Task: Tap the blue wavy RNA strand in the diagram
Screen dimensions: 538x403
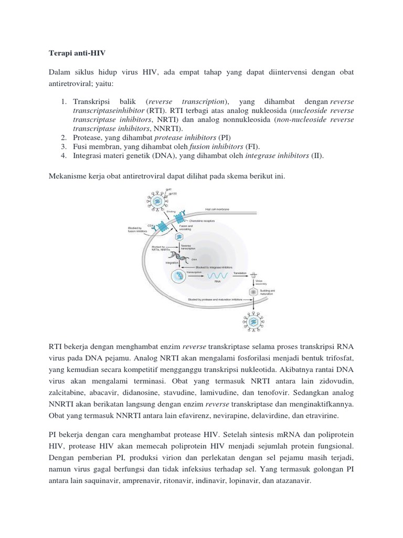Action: (218, 276)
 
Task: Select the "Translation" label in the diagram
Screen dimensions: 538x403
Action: (240, 273)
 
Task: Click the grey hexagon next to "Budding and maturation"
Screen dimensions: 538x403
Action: (254, 292)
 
